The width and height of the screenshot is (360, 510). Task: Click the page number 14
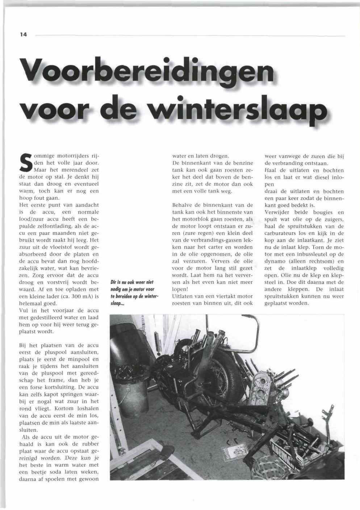24,35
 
